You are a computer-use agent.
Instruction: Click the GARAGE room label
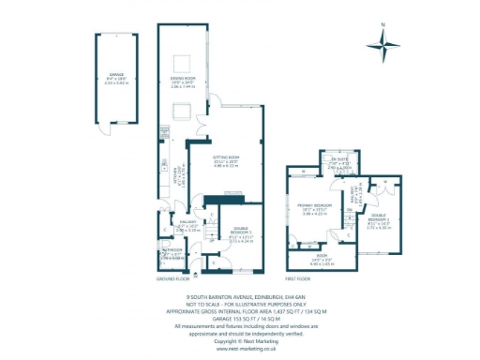tap(116, 74)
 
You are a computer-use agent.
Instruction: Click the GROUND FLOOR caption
tap(174, 279)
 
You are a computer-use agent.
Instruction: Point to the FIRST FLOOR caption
tap(302, 279)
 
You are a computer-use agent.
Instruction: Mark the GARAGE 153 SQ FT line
tap(240, 316)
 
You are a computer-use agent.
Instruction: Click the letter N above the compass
tap(383, 25)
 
